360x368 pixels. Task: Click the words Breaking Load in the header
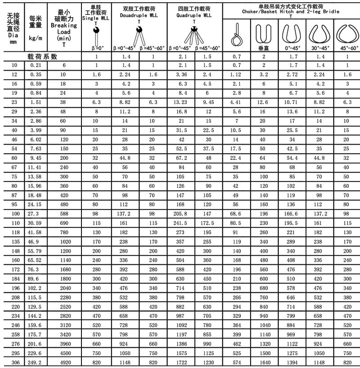click(64, 29)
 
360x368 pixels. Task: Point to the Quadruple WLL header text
click(194, 15)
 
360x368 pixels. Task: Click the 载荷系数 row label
click(42, 57)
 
